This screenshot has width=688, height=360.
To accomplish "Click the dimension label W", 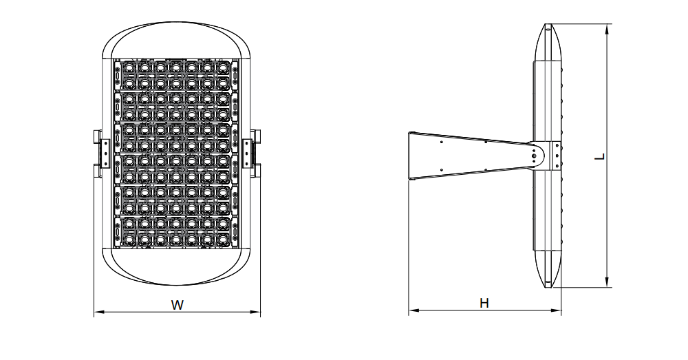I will (x=178, y=304).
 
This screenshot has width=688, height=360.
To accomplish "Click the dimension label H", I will (x=484, y=303).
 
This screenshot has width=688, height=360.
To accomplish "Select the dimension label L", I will (x=600, y=156).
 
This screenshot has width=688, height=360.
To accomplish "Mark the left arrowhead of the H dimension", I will (x=412, y=312).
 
